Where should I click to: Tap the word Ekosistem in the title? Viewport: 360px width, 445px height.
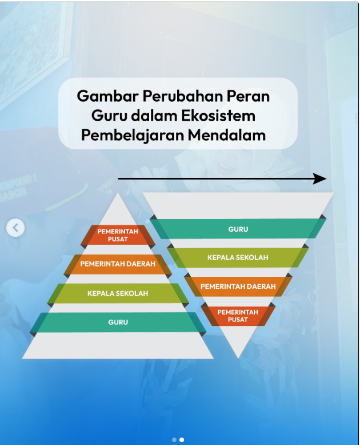(218, 116)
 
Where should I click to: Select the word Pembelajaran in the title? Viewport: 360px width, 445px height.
(133, 136)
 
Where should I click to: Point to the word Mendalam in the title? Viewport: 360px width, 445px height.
(226, 135)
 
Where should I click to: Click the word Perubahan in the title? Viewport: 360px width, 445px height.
(182, 96)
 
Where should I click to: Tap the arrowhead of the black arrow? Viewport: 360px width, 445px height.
(320, 179)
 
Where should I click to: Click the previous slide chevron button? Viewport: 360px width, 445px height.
(15, 228)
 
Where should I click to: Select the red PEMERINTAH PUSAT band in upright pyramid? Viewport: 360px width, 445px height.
(118, 235)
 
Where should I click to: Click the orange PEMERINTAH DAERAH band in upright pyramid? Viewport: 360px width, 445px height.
(118, 264)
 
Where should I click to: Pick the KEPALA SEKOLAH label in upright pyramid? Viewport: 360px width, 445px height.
(118, 293)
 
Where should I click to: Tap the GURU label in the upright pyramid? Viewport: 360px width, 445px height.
(118, 323)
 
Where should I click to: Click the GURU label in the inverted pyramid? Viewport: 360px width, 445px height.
(238, 229)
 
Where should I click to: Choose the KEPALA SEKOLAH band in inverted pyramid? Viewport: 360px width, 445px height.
(238, 257)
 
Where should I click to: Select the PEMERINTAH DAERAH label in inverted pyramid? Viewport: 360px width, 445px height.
(238, 287)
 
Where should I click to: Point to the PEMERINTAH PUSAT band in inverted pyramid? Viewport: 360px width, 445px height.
(238, 316)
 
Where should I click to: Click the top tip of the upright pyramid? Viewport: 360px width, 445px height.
(118, 193)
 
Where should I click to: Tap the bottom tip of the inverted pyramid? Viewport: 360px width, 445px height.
(238, 358)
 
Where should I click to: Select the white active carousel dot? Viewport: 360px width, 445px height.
(182, 440)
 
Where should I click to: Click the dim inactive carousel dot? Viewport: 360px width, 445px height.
(174, 440)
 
